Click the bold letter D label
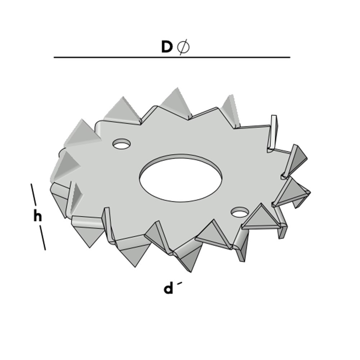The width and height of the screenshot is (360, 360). coord(167,47)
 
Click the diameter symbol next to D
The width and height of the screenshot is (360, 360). coord(183,47)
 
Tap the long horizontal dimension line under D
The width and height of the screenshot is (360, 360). coord(172,57)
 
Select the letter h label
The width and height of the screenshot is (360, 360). coord(37,216)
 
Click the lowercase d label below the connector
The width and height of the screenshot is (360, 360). coord(168,288)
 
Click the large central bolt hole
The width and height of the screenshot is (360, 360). coord(181,178)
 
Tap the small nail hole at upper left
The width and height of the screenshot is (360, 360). coord(121,144)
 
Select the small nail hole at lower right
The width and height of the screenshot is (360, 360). coord(239,212)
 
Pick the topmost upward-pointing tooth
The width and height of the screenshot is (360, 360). coord(176,102)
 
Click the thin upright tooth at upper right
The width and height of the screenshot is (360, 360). coord(274,131)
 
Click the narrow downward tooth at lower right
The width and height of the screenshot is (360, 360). coord(242,248)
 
